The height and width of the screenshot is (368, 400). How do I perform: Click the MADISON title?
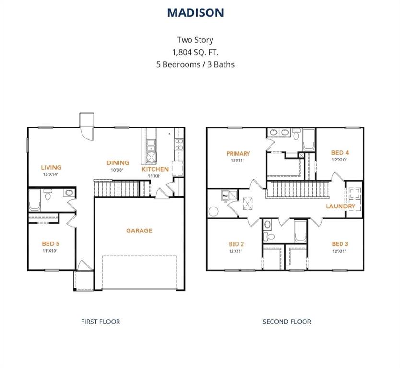click(195, 13)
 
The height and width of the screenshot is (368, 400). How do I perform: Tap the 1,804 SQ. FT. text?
click(195, 52)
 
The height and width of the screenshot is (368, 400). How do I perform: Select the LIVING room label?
click(51, 167)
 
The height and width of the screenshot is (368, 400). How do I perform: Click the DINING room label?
click(118, 163)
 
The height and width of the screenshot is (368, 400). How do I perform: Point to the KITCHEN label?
click(155, 169)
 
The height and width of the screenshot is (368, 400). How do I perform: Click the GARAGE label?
click(139, 230)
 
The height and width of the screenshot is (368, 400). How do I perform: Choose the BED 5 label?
click(50, 243)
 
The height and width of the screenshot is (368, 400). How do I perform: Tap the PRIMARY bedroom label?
click(238, 154)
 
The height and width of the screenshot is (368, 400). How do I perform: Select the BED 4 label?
click(340, 153)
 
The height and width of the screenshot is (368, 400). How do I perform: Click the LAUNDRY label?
click(341, 207)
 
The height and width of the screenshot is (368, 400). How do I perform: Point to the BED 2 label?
click(236, 244)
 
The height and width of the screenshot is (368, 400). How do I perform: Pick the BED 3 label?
click(340, 244)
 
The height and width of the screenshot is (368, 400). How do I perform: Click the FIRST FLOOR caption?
click(100, 322)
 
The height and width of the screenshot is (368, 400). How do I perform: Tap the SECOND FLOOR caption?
click(286, 322)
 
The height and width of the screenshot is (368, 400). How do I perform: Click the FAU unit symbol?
click(224, 196)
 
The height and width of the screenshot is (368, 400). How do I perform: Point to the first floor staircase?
click(116, 189)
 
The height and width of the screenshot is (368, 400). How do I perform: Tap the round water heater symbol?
click(212, 211)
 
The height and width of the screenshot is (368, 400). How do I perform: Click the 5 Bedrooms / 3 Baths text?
click(195, 64)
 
